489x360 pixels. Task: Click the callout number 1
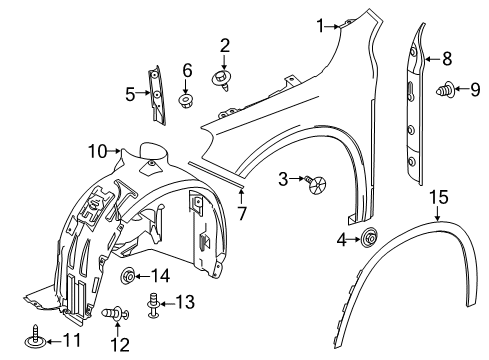coord(320,26)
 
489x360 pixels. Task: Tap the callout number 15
coord(438,197)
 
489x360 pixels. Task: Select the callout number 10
coord(98,152)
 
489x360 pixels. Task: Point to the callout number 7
coord(242,213)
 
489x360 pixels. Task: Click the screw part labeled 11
coord(35,336)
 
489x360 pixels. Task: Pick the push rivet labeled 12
coord(115,314)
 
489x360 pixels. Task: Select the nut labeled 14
coord(128,276)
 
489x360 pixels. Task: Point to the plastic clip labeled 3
coord(316,184)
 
